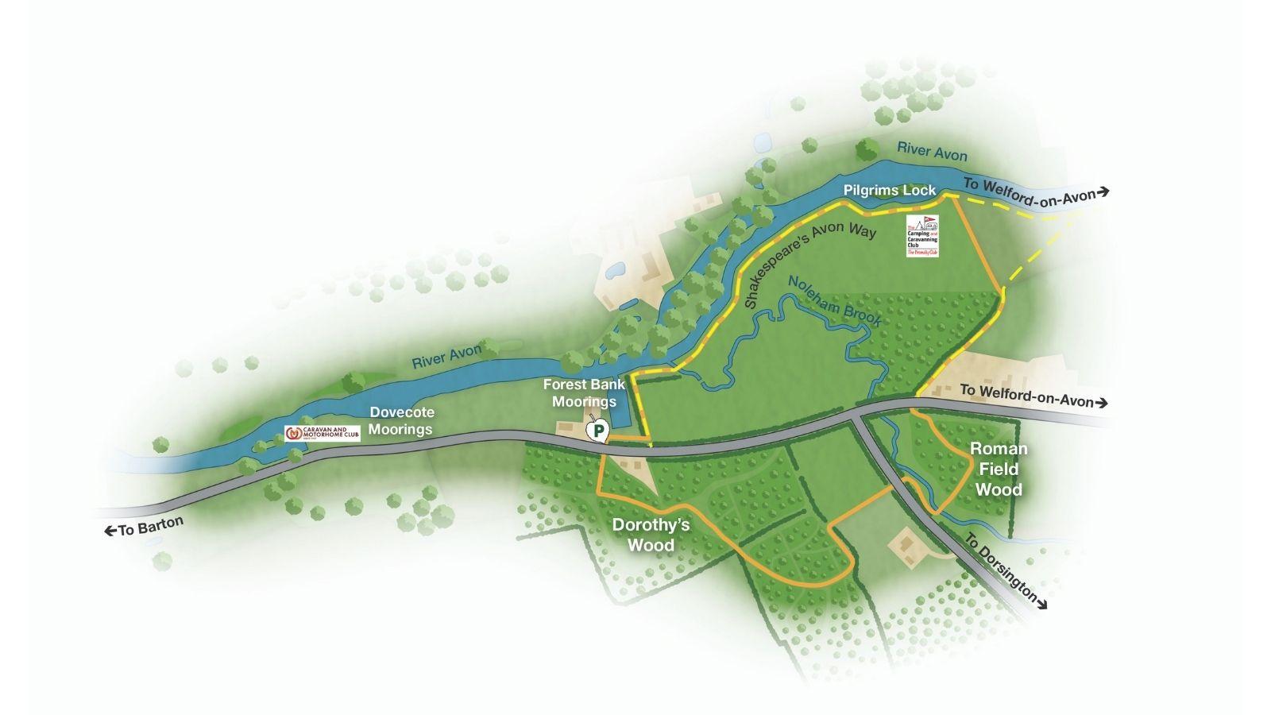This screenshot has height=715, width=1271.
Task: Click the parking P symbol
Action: coord(597,431)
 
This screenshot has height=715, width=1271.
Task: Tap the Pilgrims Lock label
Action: coord(890,191)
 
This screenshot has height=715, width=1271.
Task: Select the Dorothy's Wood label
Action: coord(651,535)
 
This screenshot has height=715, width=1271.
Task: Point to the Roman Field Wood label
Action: coord(999,469)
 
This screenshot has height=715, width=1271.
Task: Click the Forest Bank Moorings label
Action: coord(584,392)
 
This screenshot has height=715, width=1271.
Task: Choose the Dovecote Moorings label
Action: coord(401,421)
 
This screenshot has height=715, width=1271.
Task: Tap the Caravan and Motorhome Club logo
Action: coord(322,434)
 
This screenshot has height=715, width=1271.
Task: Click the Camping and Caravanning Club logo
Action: coord(922,236)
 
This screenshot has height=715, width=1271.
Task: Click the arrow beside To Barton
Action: coord(110,531)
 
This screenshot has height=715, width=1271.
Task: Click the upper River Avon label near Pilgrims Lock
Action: coord(932,151)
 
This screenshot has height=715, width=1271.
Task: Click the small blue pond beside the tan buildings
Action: coord(615,272)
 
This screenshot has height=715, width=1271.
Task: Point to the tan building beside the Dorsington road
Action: coord(906,547)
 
